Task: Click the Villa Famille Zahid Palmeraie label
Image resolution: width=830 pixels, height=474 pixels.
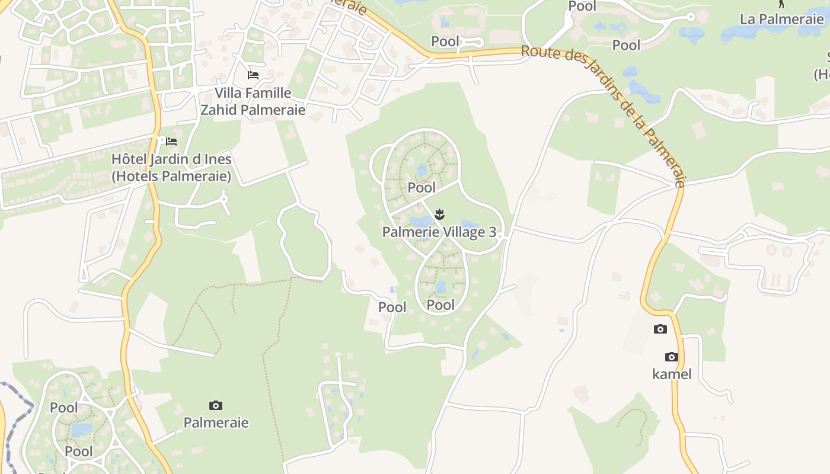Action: [x=253, y=101]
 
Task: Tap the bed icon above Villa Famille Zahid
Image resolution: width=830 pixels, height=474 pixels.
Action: [x=253, y=75]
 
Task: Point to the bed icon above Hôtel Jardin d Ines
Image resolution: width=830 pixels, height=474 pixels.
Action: [x=171, y=142]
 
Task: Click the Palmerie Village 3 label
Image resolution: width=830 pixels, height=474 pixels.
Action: [x=439, y=232]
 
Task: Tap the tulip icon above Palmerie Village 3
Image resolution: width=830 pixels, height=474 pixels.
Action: [x=439, y=213]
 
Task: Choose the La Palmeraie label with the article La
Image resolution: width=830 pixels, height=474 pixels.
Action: [x=781, y=19]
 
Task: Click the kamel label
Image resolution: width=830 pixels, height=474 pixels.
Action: [x=672, y=374]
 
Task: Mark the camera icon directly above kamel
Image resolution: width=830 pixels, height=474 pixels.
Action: [x=671, y=357]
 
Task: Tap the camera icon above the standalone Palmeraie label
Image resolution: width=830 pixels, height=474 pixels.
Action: [x=216, y=406]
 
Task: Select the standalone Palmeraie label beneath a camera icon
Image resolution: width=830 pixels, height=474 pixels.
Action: [x=216, y=422]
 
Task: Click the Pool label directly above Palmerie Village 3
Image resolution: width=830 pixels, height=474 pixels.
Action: [x=422, y=188]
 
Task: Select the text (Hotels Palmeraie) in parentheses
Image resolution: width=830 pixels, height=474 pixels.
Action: [x=171, y=176]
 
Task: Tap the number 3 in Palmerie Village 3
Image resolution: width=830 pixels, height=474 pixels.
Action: [x=492, y=232]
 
